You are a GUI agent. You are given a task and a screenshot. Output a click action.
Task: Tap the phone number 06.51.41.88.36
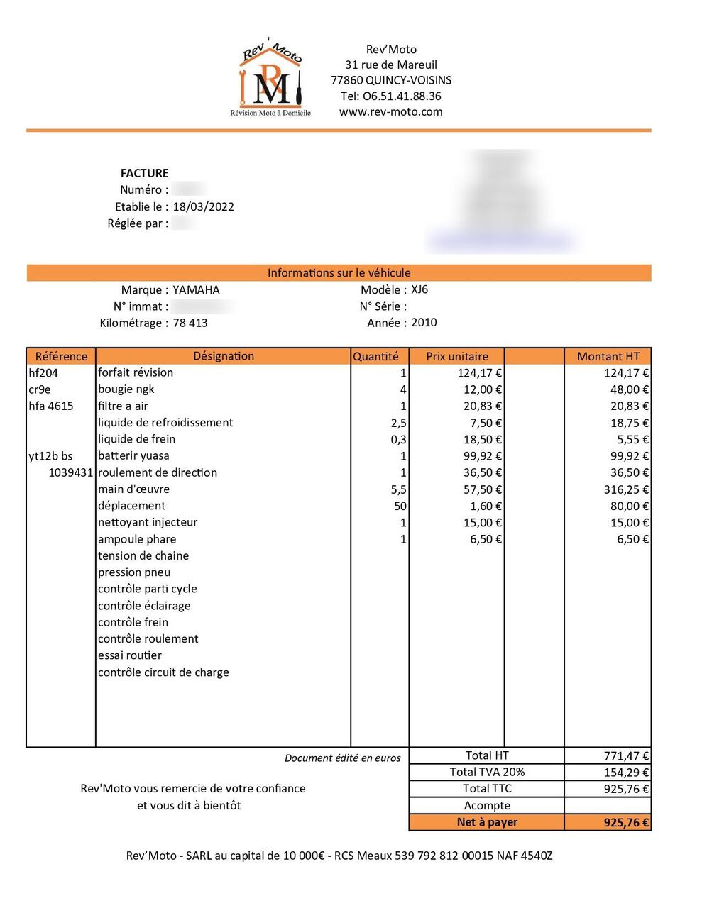click(x=390, y=96)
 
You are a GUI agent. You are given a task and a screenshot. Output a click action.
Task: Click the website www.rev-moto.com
click(x=390, y=111)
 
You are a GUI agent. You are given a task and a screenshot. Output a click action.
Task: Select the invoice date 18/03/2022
click(x=203, y=206)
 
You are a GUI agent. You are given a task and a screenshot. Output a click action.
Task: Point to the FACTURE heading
click(x=144, y=173)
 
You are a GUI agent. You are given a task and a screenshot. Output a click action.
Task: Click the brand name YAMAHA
click(x=196, y=289)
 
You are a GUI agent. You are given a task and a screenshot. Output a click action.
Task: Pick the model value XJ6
click(x=419, y=289)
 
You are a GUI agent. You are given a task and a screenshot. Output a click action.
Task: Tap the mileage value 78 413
click(x=190, y=323)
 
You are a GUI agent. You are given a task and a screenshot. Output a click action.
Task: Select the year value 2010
click(x=424, y=322)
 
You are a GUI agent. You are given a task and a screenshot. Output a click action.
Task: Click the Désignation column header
click(x=223, y=356)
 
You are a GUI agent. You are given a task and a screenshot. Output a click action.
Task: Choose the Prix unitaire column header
click(x=456, y=356)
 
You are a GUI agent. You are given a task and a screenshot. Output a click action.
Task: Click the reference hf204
click(x=43, y=372)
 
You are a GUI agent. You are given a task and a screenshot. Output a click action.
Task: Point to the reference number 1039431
click(x=70, y=472)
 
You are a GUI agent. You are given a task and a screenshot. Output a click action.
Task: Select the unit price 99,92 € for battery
click(x=483, y=456)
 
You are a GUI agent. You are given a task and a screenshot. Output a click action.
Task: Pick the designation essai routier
click(x=130, y=655)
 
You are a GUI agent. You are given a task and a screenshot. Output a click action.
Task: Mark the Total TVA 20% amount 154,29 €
click(x=626, y=773)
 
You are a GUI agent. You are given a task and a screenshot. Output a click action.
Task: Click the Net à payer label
click(x=487, y=822)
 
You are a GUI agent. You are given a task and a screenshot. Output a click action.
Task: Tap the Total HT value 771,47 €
click(x=626, y=756)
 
